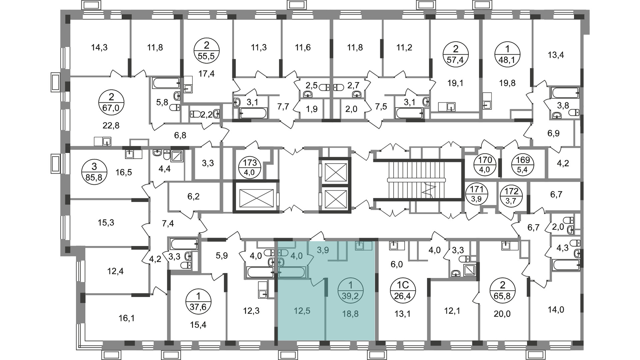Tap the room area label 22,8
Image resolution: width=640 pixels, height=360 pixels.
(x=111, y=126)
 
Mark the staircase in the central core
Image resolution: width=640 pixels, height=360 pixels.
(x=417, y=180)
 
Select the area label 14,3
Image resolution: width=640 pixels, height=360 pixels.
(x=99, y=48)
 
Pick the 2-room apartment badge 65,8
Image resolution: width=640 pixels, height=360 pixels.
(x=503, y=291)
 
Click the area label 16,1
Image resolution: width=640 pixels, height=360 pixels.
(x=126, y=318)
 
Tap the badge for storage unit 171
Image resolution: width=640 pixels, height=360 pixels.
(x=477, y=194)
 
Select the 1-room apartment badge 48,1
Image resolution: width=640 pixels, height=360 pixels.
(x=507, y=54)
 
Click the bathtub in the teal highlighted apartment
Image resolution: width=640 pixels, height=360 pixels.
(x=292, y=272)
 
